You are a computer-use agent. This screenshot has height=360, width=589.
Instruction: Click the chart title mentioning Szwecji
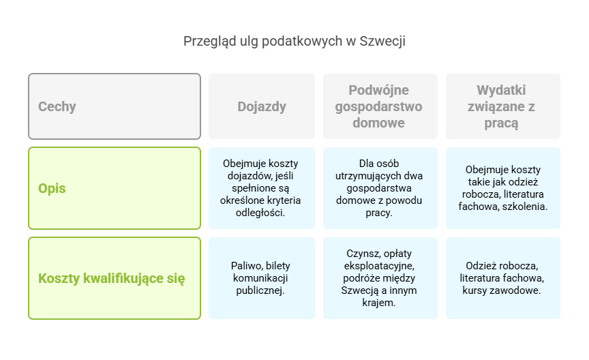point(294,42)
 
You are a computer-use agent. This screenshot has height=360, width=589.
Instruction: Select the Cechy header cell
point(115,106)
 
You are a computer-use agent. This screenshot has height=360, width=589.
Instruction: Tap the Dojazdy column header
point(262,106)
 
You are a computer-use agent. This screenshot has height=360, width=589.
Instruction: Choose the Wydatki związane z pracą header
point(502,106)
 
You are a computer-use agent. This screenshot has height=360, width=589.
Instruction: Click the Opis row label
point(115,188)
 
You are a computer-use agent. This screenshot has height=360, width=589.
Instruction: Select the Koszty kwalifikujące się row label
point(115,278)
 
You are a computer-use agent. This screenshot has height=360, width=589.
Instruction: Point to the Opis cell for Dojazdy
point(262,188)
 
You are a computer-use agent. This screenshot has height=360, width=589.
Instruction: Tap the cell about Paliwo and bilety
point(262,278)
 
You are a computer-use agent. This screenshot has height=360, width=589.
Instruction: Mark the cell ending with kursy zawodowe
point(502,278)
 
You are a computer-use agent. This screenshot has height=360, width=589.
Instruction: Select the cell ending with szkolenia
point(502,188)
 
